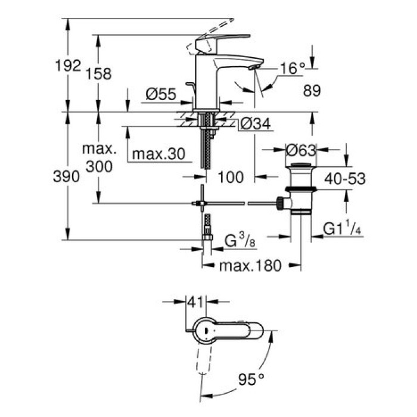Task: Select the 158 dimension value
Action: pos(99,74)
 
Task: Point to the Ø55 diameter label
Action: pos(160,94)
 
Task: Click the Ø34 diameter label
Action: pos(256,123)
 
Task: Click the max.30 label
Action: pos(158,154)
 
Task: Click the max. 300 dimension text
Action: pos(98,157)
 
